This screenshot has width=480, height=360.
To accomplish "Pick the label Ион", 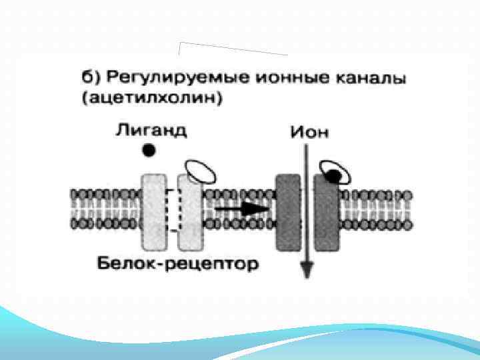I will click(x=308, y=131).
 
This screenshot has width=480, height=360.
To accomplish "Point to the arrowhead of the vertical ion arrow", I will click(x=307, y=269).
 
